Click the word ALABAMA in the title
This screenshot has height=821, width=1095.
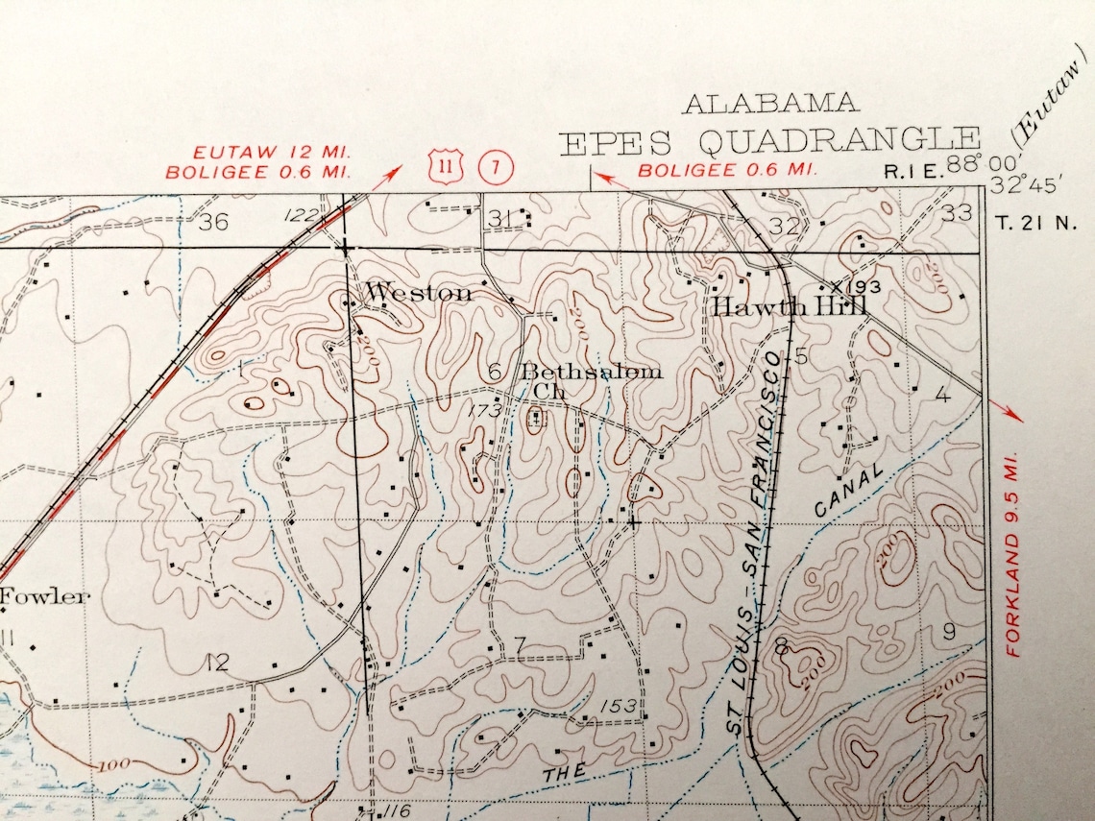[x=770, y=104]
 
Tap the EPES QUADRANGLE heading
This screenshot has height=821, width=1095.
[x=768, y=142]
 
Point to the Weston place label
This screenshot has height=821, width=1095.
[x=419, y=293]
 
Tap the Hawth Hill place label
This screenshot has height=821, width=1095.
[x=790, y=306]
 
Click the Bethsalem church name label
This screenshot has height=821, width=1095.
[x=591, y=373]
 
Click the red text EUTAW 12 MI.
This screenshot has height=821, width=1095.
[x=273, y=153]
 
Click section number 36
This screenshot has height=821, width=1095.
[x=213, y=223]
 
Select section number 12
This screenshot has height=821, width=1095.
[x=217, y=662]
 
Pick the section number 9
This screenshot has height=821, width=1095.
[x=949, y=631]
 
